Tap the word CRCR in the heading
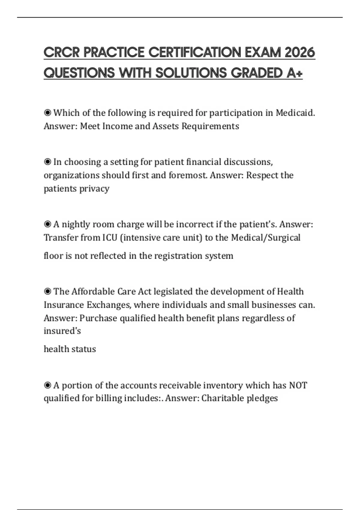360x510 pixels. [x=61, y=52]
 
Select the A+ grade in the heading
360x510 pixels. [x=294, y=73]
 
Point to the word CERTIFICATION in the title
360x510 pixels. [x=195, y=52]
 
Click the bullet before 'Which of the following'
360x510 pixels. [x=47, y=113]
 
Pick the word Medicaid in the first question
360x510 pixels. [x=295, y=113]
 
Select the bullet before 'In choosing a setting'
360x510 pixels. [x=47, y=162]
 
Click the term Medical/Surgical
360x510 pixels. [x=266, y=238]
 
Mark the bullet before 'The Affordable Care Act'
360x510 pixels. [x=47, y=292]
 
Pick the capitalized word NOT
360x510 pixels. [x=298, y=385]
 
